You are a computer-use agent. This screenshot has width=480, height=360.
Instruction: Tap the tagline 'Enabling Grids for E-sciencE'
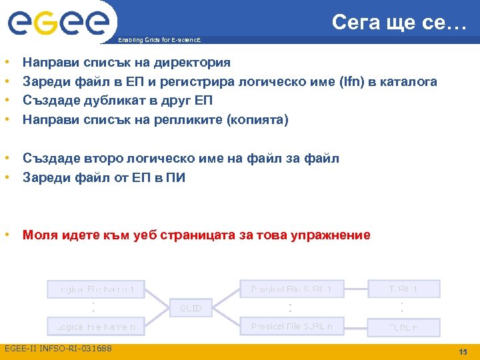158,40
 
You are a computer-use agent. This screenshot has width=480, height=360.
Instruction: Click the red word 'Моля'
41,235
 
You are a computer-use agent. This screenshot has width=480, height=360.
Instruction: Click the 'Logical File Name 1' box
94,289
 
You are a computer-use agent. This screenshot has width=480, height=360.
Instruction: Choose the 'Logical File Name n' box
94,327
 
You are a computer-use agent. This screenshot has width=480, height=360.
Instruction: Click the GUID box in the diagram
191,308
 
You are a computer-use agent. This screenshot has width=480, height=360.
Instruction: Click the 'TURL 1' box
403,289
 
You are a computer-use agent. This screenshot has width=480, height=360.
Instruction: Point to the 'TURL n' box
403,327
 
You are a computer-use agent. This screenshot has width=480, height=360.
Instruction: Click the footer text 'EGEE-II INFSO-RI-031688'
58,349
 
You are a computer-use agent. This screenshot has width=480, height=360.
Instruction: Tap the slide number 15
463,352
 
